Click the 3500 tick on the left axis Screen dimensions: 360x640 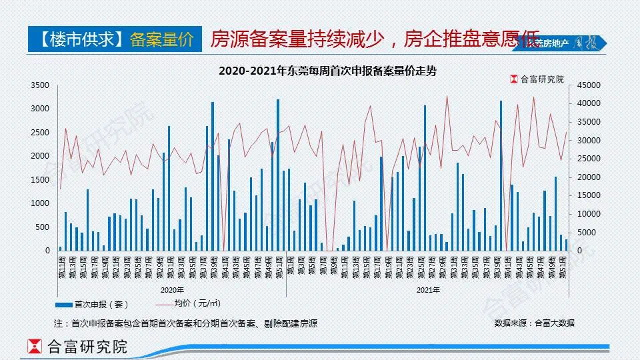pyautogui.click(x=41, y=85)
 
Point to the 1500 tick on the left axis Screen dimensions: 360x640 pyautogui.click(x=41, y=180)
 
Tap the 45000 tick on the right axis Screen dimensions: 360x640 pyautogui.click(x=591, y=85)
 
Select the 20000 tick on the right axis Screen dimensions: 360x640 pyautogui.click(x=591, y=177)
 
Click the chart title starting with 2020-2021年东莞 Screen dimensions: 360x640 pyautogui.click(x=327, y=70)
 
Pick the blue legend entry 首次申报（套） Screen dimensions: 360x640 pyautogui.click(x=97, y=304)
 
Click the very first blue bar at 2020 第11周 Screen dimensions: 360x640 pyautogui.click(x=61, y=248)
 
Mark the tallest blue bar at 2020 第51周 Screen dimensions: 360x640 pyautogui.click(x=278, y=175)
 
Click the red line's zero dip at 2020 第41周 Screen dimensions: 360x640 pyautogui.click(x=224, y=249)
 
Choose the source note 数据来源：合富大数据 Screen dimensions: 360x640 pyautogui.click(x=534, y=323)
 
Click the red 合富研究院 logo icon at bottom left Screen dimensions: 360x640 pyautogui.click(x=34, y=347)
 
